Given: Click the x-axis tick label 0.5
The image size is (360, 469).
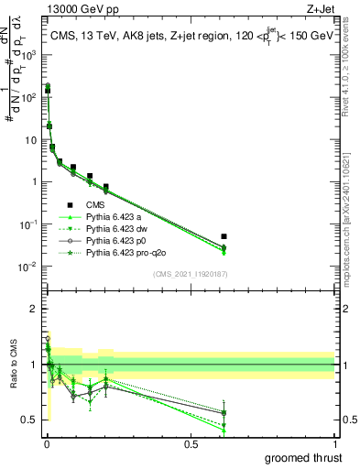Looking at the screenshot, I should click(191, 442).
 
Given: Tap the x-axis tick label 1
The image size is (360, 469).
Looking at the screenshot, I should click(334, 442).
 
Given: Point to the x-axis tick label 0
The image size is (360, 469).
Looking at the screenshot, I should click(48, 442).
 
